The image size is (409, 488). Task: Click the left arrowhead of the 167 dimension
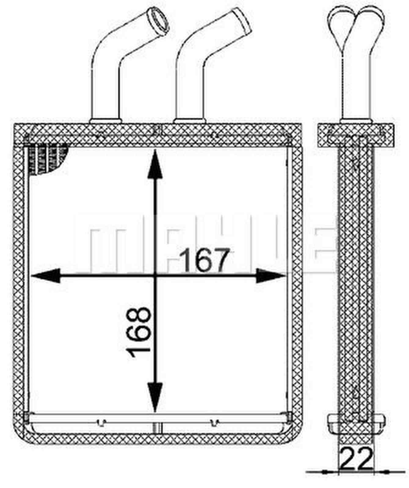pos(46,276)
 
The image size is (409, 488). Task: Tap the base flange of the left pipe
pos(105,121)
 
